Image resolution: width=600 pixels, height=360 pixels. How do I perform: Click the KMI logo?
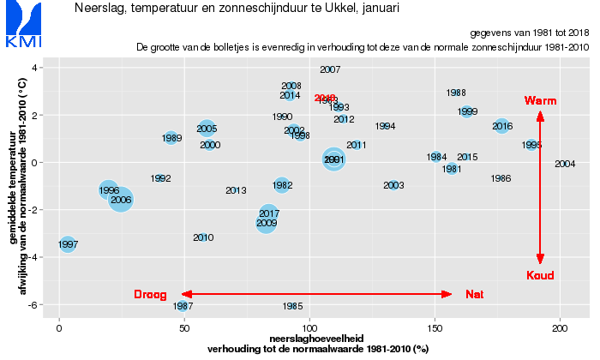pos(19,26)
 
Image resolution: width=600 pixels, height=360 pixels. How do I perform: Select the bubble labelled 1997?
pos(68,244)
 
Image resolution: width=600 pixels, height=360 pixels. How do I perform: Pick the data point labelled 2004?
pos(565,164)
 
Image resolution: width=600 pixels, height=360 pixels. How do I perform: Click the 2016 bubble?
pos(502,126)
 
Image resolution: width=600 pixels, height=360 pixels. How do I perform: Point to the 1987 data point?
pos(183,306)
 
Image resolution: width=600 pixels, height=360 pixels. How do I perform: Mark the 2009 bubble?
pos(267,223)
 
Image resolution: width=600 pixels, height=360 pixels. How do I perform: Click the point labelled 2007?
pos(330,69)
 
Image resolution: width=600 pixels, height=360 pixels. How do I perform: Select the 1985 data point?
pos(292,306)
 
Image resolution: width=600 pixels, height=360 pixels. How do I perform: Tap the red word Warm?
pos(540,101)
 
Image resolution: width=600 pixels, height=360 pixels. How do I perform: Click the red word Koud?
pos(540,275)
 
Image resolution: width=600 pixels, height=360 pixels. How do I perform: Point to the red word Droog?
pos(150,295)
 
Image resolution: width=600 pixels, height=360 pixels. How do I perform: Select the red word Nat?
pos(474,295)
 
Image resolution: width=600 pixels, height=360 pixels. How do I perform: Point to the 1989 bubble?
pos(171,138)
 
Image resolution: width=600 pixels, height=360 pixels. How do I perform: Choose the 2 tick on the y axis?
pos(34,115)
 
